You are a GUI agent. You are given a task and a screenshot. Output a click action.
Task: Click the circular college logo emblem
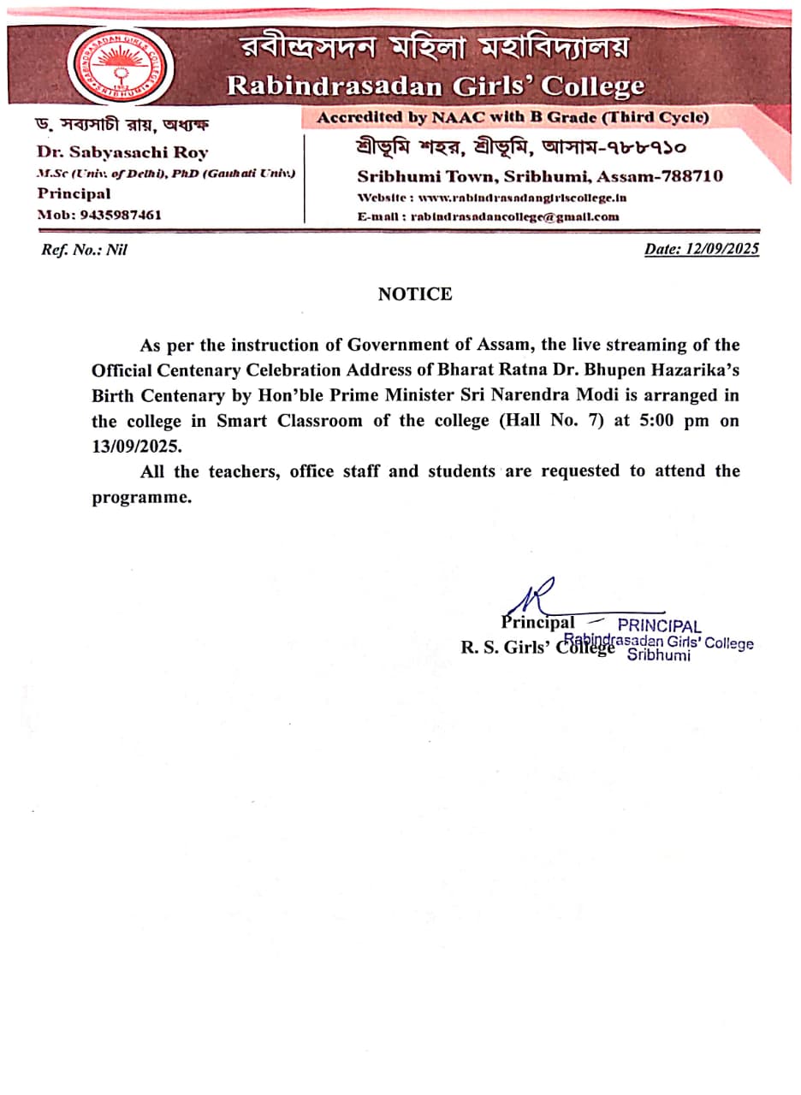[x=122, y=66]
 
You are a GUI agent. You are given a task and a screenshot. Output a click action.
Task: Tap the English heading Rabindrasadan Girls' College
[x=434, y=86]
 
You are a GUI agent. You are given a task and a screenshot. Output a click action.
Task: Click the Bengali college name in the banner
[x=434, y=49]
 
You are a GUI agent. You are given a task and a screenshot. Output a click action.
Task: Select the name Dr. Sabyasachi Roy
[x=122, y=153]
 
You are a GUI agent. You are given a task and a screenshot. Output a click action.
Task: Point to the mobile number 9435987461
[x=120, y=215]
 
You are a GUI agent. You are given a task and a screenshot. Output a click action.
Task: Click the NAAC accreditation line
[x=513, y=117]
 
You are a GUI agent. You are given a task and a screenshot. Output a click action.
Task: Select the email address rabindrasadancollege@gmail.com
[x=514, y=216]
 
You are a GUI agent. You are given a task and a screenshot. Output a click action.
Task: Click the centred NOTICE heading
[x=415, y=294]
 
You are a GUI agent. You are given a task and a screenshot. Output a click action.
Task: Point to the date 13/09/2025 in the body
[x=137, y=447]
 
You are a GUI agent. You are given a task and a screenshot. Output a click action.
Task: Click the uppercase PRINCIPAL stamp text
[x=659, y=626]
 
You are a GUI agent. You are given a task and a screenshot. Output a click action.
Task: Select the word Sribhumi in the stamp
[x=658, y=656]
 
